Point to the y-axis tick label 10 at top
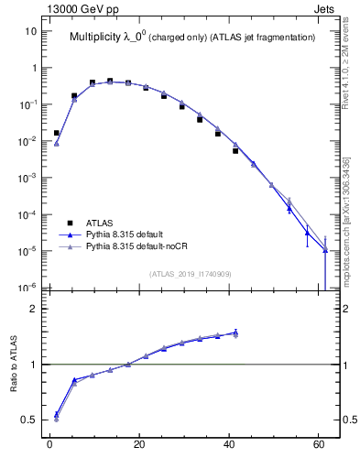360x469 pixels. pos(30,31)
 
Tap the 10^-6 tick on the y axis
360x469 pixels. pos(27,288)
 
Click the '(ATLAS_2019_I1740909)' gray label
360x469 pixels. pos(190,273)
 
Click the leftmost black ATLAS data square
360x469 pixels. pos(57,133)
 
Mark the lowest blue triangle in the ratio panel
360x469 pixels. pos(57,414)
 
